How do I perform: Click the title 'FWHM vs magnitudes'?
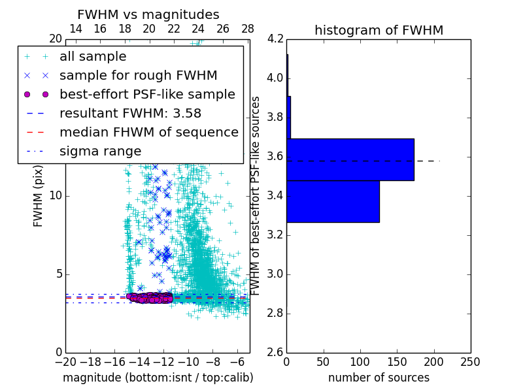[x=148, y=14]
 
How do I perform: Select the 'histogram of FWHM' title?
[x=379, y=30]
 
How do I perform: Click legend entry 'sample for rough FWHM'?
[x=138, y=75]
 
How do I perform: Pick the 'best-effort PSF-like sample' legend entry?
[x=147, y=94]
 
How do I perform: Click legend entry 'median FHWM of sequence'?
[x=148, y=132]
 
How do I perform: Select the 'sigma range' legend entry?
[x=100, y=151]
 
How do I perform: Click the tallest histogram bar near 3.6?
[x=350, y=159]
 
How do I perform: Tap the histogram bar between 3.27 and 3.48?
[x=333, y=201]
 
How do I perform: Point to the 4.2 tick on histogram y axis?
[x=275, y=39]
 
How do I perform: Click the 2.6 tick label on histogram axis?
[x=275, y=352]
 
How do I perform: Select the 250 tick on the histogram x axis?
[x=470, y=362]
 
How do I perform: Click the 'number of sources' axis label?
[x=379, y=378]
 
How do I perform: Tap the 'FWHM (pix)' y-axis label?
[x=38, y=195]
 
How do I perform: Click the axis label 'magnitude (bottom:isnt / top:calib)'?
[x=158, y=378]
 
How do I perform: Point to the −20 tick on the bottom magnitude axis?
[x=65, y=362]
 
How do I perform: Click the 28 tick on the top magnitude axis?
[x=248, y=29]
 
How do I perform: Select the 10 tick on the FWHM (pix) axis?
[x=55, y=195]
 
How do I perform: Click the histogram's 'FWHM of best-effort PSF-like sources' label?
[x=256, y=195]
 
